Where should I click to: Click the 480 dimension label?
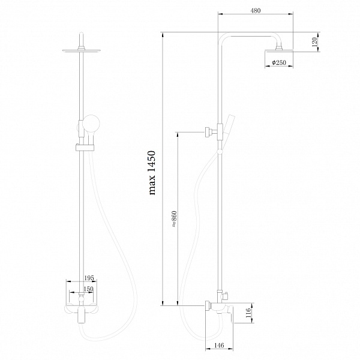pyautogui.click(x=256, y=11)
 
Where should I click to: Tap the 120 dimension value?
pyautogui.click(x=314, y=42)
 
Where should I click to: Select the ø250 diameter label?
pyautogui.click(x=279, y=62)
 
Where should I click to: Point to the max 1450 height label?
pyautogui.click(x=152, y=173)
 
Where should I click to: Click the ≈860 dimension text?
pyautogui.click(x=174, y=219)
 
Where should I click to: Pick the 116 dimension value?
pyautogui.click(x=248, y=313)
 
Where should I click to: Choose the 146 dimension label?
pyautogui.click(x=219, y=346)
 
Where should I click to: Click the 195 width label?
pyautogui.click(x=89, y=278)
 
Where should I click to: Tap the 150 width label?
pyautogui.click(x=88, y=289)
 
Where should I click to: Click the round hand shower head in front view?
pyautogui.click(x=91, y=123)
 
